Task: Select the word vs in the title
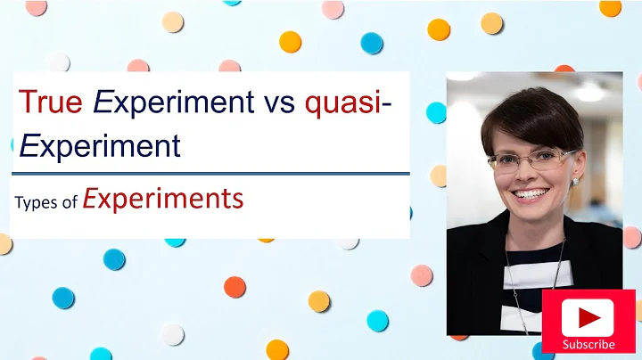point(279,102)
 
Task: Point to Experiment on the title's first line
point(175,103)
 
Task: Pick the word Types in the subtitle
point(35,202)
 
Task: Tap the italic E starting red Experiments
point(89,198)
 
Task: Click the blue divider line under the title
point(210,173)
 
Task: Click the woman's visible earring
point(574,181)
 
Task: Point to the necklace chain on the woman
point(511,267)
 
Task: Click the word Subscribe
point(588,344)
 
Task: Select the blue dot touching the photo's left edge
point(436,112)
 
